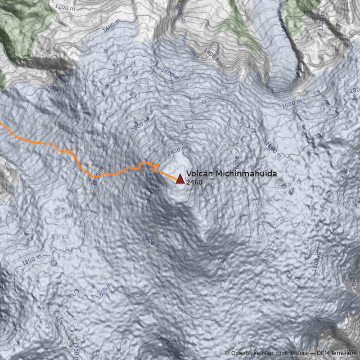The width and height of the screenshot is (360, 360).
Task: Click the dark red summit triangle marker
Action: [180, 179]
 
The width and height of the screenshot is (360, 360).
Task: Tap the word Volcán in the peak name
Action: [199, 174]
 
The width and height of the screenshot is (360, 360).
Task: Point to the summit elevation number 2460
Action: [194, 182]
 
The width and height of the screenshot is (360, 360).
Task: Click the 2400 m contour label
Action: [176, 151]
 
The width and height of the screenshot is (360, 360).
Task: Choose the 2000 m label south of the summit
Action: [151, 242]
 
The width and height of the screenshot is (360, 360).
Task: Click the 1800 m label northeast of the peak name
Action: [273, 151]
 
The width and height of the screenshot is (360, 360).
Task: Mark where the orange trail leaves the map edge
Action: [1, 122]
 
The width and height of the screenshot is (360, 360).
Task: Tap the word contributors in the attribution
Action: [292, 353]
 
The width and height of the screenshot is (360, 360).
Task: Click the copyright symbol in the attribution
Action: [227, 353]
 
